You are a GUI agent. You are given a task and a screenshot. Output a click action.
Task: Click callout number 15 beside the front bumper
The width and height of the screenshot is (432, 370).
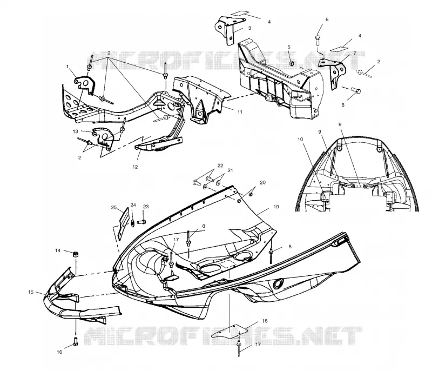[31, 292]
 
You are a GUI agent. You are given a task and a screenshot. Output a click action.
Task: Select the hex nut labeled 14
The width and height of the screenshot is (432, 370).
[75, 254]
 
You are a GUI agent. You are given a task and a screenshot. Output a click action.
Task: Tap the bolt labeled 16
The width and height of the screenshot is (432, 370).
[76, 341]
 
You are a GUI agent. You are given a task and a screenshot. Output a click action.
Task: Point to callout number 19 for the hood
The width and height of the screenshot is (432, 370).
[276, 207]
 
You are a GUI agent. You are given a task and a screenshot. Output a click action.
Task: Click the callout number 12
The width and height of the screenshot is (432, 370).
[135, 167]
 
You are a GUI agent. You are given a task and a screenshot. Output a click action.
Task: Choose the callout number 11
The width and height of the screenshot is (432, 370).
[240, 112]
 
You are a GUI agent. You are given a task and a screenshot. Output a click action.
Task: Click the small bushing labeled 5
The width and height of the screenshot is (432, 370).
[292, 64]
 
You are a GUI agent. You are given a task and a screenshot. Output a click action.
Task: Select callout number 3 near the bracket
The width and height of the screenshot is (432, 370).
[249, 28]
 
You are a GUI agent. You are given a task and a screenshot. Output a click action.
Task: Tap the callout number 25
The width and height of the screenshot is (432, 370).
[114, 208]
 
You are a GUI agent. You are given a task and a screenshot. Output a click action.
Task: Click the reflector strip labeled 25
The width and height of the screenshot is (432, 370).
[124, 223]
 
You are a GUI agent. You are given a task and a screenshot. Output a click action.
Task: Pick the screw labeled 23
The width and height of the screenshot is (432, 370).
[141, 221]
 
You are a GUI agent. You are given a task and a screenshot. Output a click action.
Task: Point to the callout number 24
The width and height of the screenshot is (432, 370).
[133, 205]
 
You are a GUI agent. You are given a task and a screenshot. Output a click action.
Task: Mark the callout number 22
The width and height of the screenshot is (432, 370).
[220, 166]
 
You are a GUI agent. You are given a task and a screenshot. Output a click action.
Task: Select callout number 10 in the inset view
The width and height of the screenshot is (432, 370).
[300, 139]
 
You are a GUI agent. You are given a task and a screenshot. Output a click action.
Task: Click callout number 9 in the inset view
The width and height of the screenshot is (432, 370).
[320, 132]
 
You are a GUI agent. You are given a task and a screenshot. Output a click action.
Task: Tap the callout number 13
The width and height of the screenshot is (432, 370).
[76, 131]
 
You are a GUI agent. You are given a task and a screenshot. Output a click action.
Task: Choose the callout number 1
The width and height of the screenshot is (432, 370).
[67, 66]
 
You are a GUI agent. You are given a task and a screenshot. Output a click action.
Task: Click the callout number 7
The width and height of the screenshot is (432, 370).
[355, 52]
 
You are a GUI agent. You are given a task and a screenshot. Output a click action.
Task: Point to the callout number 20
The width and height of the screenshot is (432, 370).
[262, 182]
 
